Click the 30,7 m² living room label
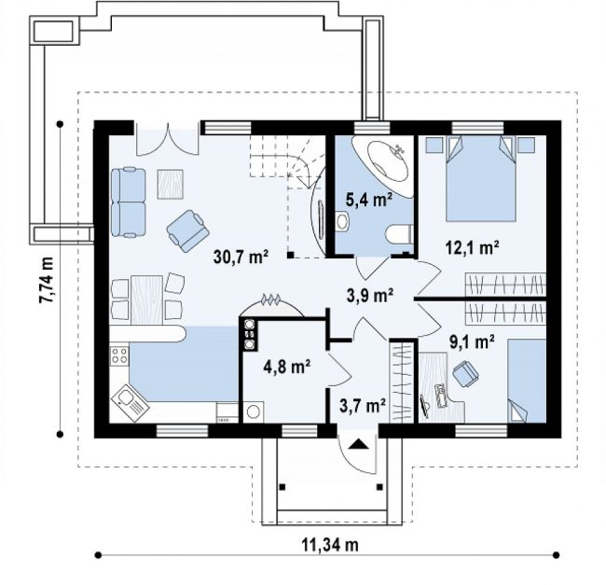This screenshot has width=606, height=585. coord(241,257)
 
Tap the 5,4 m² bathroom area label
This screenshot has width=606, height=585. coord(369,200)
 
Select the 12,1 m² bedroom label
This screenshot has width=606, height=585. coord(472,247)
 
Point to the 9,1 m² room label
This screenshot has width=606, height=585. coord(472,341)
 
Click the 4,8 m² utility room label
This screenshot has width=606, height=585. coord(287,366)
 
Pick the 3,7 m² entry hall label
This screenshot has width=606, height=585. coord(363,405)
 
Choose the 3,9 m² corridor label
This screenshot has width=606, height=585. coord(370,296)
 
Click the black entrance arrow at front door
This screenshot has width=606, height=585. coord(358,444)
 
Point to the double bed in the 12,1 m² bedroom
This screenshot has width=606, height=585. coord(481,178)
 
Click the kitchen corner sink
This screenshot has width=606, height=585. coord(130,403)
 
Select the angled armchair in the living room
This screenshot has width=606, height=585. coord(188,230)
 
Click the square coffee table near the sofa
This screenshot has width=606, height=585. coord(170,184)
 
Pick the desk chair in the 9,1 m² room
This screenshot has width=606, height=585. coord(466,372)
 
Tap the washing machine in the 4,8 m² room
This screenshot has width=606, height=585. coord(254,411)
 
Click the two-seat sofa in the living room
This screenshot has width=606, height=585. coord(129,202)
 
